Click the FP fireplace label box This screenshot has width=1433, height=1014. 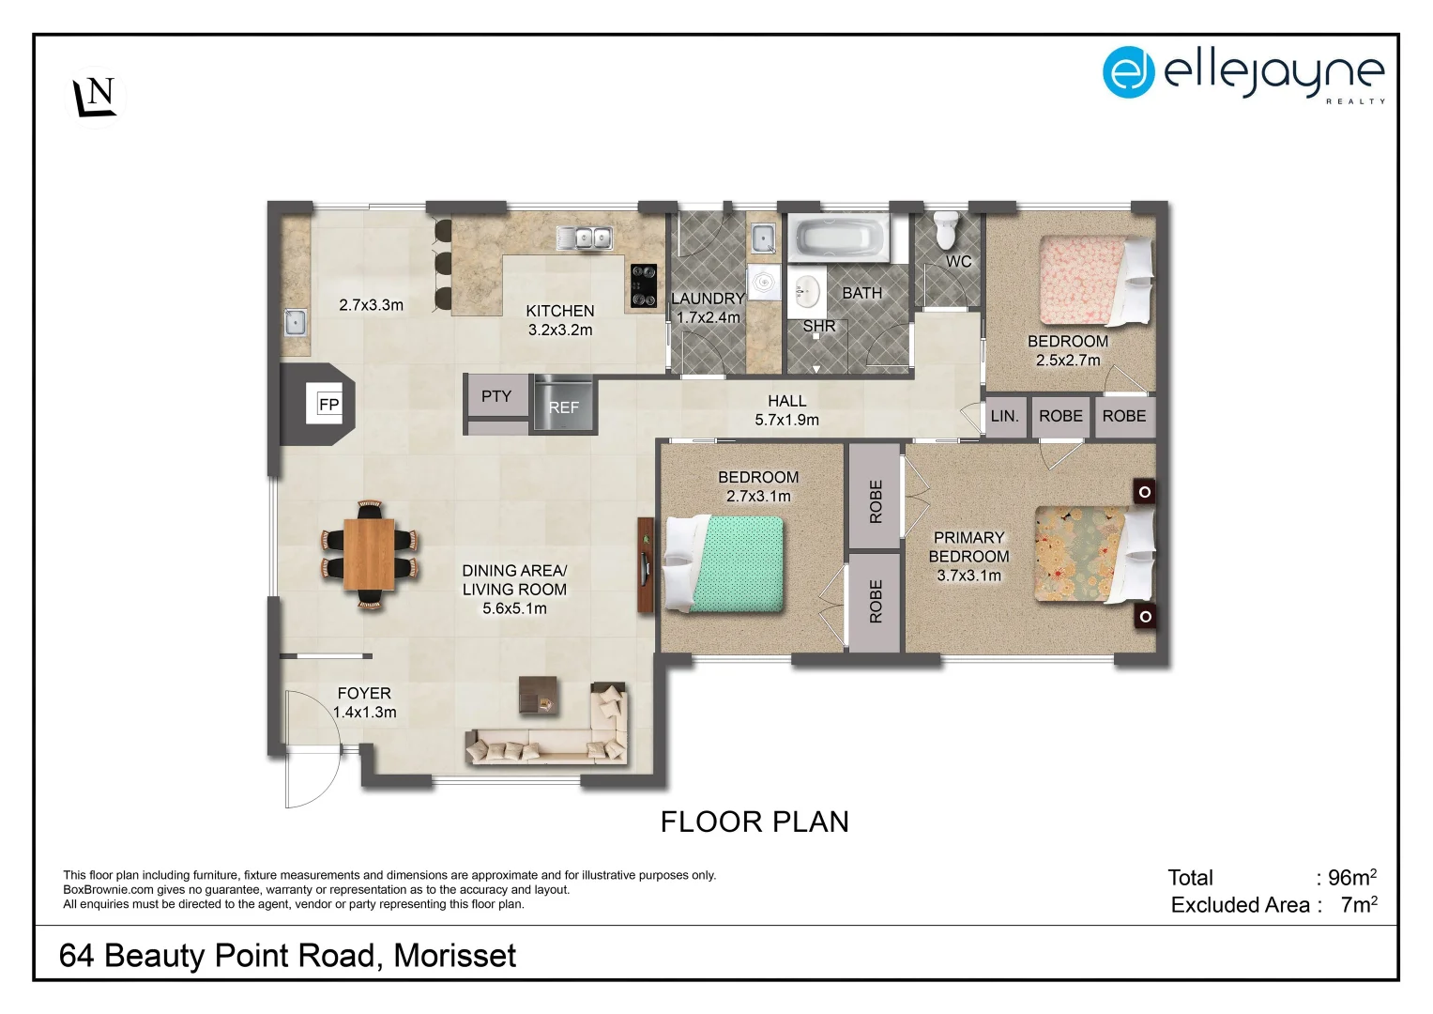click(328, 404)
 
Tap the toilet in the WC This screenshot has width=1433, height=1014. click(947, 230)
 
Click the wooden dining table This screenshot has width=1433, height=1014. click(369, 554)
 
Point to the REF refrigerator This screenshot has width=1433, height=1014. click(564, 405)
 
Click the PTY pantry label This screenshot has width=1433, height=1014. click(496, 396)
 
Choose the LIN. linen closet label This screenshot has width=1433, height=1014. click(1004, 416)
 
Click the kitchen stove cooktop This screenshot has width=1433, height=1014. click(644, 285)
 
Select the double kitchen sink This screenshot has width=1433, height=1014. click(585, 238)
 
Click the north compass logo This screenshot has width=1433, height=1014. click(96, 98)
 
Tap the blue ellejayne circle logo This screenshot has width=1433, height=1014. click(1129, 71)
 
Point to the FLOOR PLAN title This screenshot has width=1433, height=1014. click(755, 822)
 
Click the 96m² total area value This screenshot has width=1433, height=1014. click(1352, 876)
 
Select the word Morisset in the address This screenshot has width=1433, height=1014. click(455, 956)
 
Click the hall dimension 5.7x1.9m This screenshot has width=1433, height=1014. click(786, 420)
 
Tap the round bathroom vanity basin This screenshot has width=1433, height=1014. click(807, 292)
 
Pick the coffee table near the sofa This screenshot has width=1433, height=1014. click(538, 695)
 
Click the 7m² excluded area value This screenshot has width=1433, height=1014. click(1359, 904)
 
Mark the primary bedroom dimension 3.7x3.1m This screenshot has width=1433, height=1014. click(968, 576)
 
